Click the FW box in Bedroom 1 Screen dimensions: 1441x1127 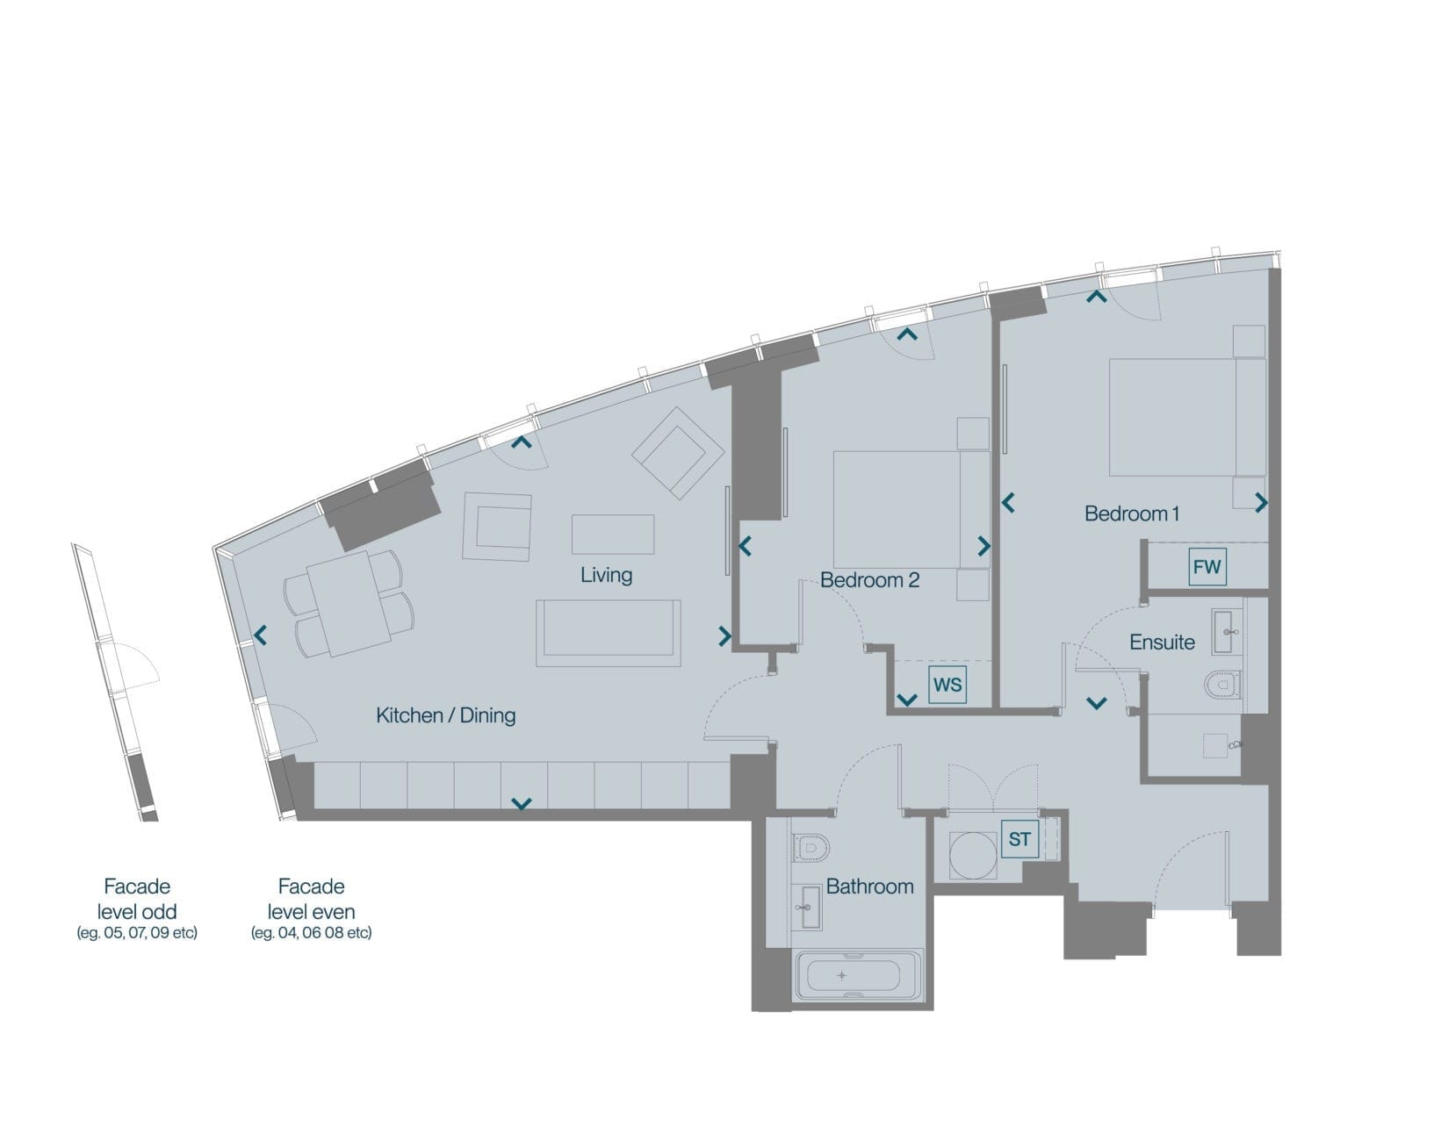click(1207, 566)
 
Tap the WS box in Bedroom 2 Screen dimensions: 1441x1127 click(947, 685)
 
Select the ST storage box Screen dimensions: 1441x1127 click(1020, 839)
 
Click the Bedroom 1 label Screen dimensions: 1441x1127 click(1131, 513)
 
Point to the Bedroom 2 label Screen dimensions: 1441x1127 click(869, 579)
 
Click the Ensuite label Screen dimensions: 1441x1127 click(1162, 642)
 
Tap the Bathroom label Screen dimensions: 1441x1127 click(869, 887)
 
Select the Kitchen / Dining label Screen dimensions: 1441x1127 click(445, 714)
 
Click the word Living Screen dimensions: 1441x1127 click(606, 574)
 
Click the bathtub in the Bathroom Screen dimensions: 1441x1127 click(858, 975)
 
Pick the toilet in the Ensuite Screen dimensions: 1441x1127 click(1222, 686)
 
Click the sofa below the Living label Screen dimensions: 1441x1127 click(608, 634)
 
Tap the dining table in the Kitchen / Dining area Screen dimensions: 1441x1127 click(349, 604)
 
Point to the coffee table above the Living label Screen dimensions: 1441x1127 click(613, 534)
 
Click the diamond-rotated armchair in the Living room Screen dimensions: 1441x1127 click(677, 453)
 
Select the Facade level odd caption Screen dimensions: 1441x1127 click(137, 908)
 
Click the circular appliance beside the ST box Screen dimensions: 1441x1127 click(972, 856)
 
